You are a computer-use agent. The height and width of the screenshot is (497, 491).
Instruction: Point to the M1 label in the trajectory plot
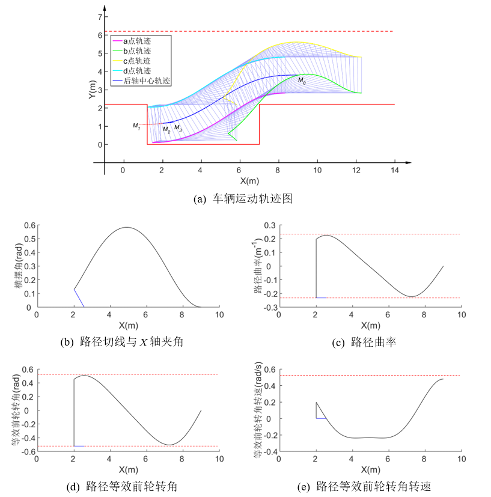[136, 126]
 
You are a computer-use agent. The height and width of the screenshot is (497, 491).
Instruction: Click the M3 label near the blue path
[178, 128]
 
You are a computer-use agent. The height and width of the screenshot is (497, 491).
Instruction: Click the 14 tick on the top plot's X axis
[395, 170]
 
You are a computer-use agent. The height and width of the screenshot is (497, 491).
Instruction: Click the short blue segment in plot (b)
[79, 298]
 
